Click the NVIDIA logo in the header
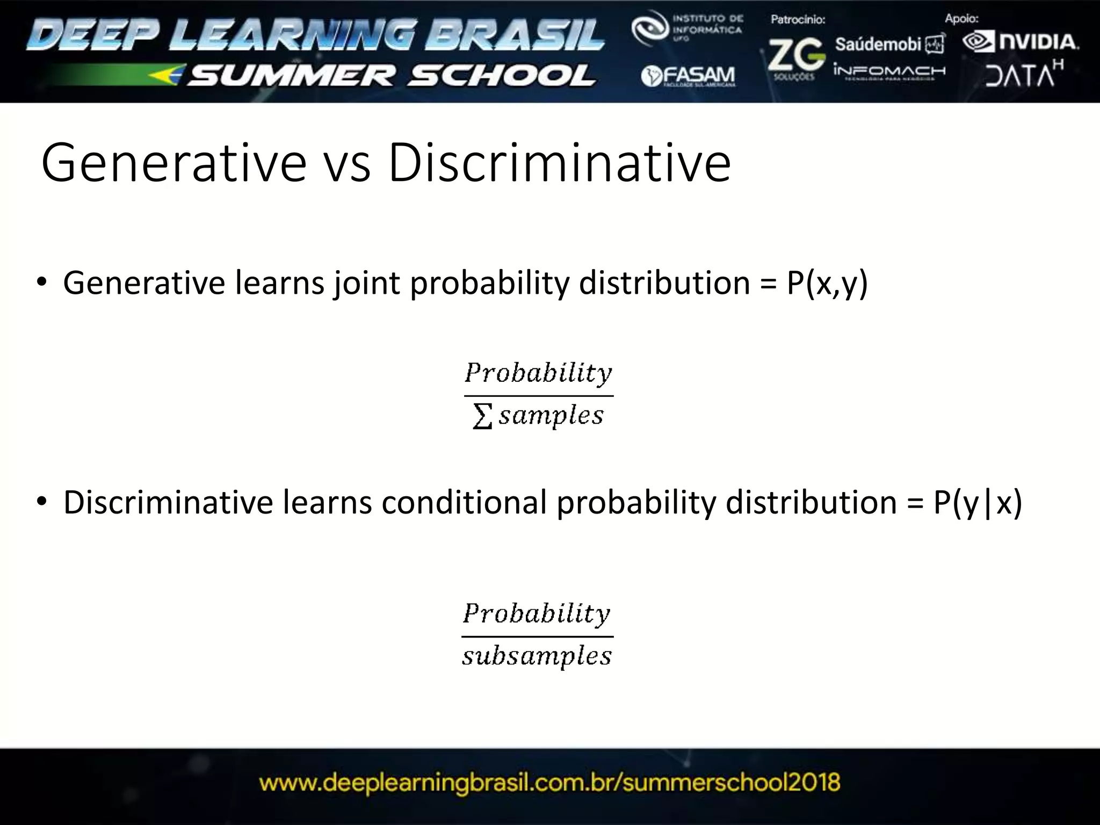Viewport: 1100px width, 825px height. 1021,42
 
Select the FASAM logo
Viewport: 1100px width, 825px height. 689,77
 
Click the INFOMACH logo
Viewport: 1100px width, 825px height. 889,72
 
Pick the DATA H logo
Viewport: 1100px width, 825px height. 1024,74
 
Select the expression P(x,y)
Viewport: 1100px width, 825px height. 827,283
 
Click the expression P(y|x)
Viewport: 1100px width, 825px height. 978,503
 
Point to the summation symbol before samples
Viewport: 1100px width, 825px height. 482,417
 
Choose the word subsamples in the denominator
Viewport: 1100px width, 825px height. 537,656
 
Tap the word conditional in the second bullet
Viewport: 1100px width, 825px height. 464,503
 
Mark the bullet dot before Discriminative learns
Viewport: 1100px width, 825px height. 42,502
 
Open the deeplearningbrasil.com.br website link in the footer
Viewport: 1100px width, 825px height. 549,782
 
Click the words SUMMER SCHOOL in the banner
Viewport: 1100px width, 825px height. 392,76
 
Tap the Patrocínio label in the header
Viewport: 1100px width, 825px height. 798,20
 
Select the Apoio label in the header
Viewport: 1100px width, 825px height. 961,19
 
